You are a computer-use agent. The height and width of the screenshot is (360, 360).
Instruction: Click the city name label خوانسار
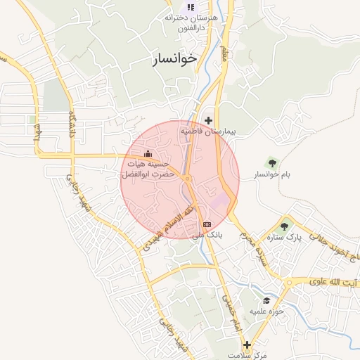174,59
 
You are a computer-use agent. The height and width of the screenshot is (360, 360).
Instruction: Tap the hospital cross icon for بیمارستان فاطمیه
208,120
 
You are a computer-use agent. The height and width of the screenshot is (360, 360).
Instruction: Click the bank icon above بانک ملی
206,224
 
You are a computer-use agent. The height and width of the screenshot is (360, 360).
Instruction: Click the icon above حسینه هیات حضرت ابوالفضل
148,153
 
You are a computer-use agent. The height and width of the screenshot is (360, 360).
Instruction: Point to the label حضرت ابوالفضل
148,173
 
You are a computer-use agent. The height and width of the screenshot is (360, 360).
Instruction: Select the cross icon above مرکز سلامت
247,345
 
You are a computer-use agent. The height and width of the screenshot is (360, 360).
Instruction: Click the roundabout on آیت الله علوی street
288,283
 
